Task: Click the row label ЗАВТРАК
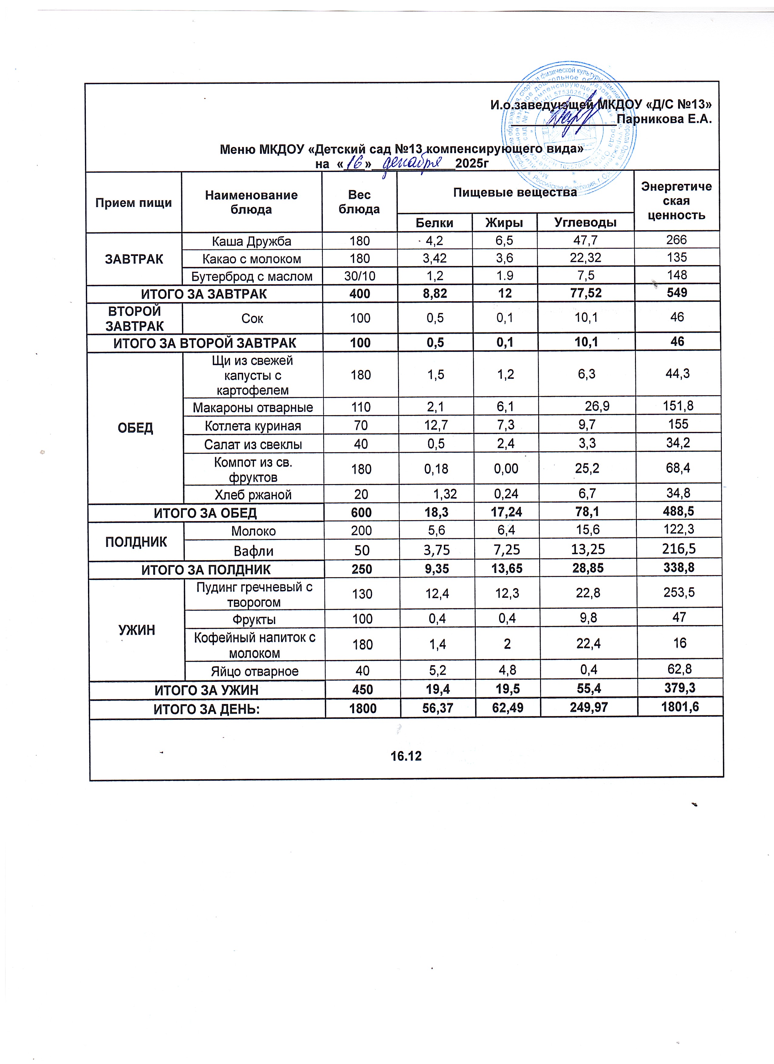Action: pyautogui.click(x=134, y=259)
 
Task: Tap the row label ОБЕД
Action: pyautogui.click(x=136, y=428)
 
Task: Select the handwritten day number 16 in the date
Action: pyautogui.click(x=355, y=164)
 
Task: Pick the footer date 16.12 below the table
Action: pyautogui.click(x=406, y=756)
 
